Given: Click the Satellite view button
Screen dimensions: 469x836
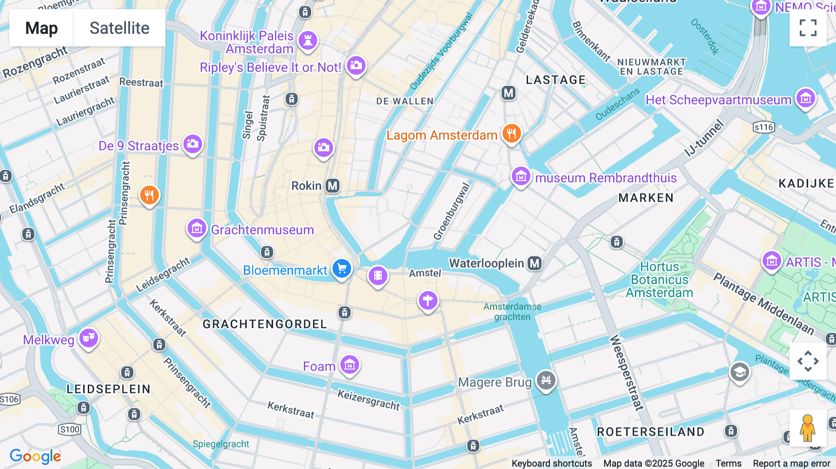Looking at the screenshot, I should click(x=119, y=28).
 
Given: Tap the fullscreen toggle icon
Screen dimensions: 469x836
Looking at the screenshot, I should click(x=808, y=28).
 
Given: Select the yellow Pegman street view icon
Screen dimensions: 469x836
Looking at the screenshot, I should click(x=808, y=428).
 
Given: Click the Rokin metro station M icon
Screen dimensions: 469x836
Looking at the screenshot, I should click(x=333, y=186).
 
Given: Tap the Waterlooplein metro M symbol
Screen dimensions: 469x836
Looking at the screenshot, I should click(x=535, y=263).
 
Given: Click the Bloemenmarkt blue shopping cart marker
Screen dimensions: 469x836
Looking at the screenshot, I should click(x=342, y=268).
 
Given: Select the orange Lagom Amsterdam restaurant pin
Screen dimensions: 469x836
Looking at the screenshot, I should click(x=511, y=134).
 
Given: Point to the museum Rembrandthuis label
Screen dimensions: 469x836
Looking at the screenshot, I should click(x=606, y=178).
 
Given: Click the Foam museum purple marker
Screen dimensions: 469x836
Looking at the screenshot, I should click(x=350, y=365).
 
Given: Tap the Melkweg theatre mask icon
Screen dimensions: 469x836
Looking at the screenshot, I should click(x=89, y=338).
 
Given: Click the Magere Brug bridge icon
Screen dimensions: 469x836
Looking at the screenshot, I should click(x=546, y=380).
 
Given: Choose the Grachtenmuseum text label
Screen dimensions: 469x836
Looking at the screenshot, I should click(x=262, y=230).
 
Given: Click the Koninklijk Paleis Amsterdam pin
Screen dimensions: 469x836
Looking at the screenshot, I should click(x=307, y=40).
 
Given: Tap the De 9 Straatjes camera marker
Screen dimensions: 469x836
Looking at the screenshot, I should click(x=192, y=144).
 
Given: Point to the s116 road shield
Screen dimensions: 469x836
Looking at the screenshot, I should click(x=764, y=127).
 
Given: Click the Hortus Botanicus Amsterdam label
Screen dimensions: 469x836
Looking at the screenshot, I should click(x=660, y=280).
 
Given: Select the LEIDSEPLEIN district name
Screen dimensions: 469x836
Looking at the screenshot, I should click(x=108, y=389).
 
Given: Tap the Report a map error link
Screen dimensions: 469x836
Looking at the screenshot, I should click(x=791, y=463).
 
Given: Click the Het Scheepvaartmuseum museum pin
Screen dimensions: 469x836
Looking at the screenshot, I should click(x=805, y=98).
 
